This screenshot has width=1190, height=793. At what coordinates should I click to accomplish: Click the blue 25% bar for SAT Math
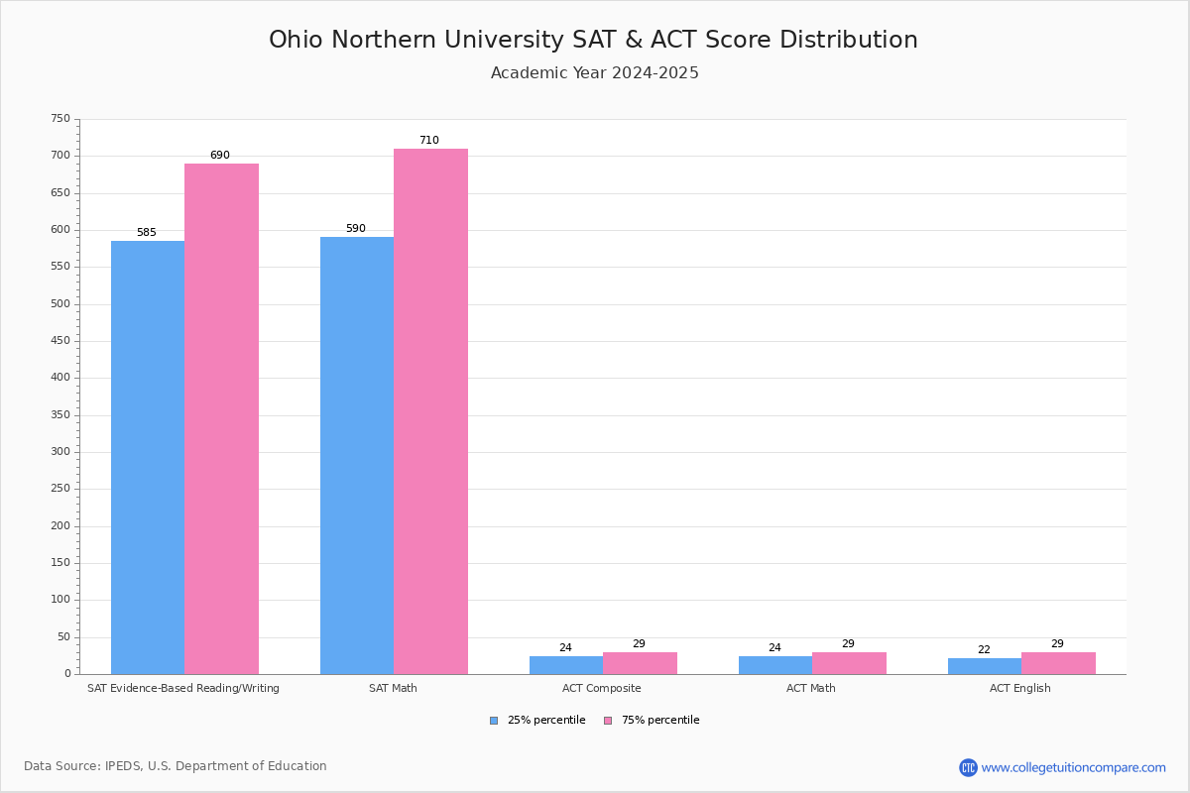[357, 456]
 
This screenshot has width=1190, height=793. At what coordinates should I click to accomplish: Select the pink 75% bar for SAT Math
[430, 411]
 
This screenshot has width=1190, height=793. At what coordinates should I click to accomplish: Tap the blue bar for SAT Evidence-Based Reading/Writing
[148, 458]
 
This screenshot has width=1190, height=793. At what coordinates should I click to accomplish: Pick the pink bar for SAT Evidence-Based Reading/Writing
[221, 418]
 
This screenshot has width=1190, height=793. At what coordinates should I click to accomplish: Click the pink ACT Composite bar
[640, 663]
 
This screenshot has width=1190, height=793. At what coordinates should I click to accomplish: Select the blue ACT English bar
[984, 666]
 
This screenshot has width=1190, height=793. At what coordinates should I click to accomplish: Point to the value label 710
[428, 141]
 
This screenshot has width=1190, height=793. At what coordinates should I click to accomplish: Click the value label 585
[147, 233]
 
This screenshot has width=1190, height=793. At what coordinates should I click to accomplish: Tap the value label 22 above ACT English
[984, 650]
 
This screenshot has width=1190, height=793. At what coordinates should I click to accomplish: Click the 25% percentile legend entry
[537, 721]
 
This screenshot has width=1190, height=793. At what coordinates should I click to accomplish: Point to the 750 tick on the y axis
[60, 119]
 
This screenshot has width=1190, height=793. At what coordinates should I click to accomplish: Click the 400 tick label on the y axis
[60, 378]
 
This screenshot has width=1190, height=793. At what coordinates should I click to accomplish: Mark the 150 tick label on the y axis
[60, 563]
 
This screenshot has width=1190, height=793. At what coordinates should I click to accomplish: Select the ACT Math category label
[811, 688]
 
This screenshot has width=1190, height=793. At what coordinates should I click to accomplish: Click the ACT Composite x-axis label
[602, 688]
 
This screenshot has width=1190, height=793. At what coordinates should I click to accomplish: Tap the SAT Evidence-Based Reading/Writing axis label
[183, 688]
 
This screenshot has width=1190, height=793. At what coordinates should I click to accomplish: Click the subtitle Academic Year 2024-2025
[595, 73]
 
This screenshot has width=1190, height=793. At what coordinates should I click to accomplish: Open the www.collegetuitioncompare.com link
[1073, 767]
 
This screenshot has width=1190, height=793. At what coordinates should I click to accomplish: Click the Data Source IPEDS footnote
[176, 766]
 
